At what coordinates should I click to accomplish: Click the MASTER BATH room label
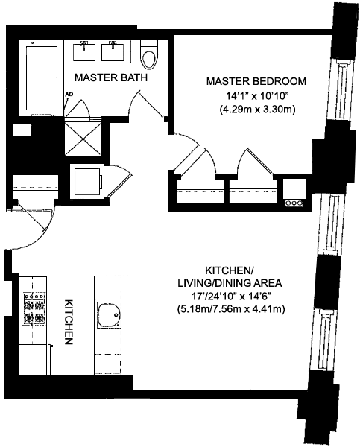click(110, 77)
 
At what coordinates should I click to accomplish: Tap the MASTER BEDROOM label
click(256, 81)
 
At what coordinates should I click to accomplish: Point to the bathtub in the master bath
click(42, 77)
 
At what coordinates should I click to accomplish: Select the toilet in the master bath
click(149, 54)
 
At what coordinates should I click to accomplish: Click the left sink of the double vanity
click(84, 51)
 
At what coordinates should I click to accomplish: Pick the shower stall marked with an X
click(83, 139)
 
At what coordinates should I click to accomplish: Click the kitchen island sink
click(109, 314)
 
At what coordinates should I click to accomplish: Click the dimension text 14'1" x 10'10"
click(256, 96)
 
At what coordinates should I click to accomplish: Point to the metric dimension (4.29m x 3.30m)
click(256, 110)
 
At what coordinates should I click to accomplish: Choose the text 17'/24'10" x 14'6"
click(230, 297)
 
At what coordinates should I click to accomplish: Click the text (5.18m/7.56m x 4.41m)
click(230, 309)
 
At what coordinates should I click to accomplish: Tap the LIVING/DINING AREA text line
click(230, 283)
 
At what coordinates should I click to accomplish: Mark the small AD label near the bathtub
click(69, 94)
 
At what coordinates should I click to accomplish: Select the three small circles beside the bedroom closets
click(294, 203)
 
